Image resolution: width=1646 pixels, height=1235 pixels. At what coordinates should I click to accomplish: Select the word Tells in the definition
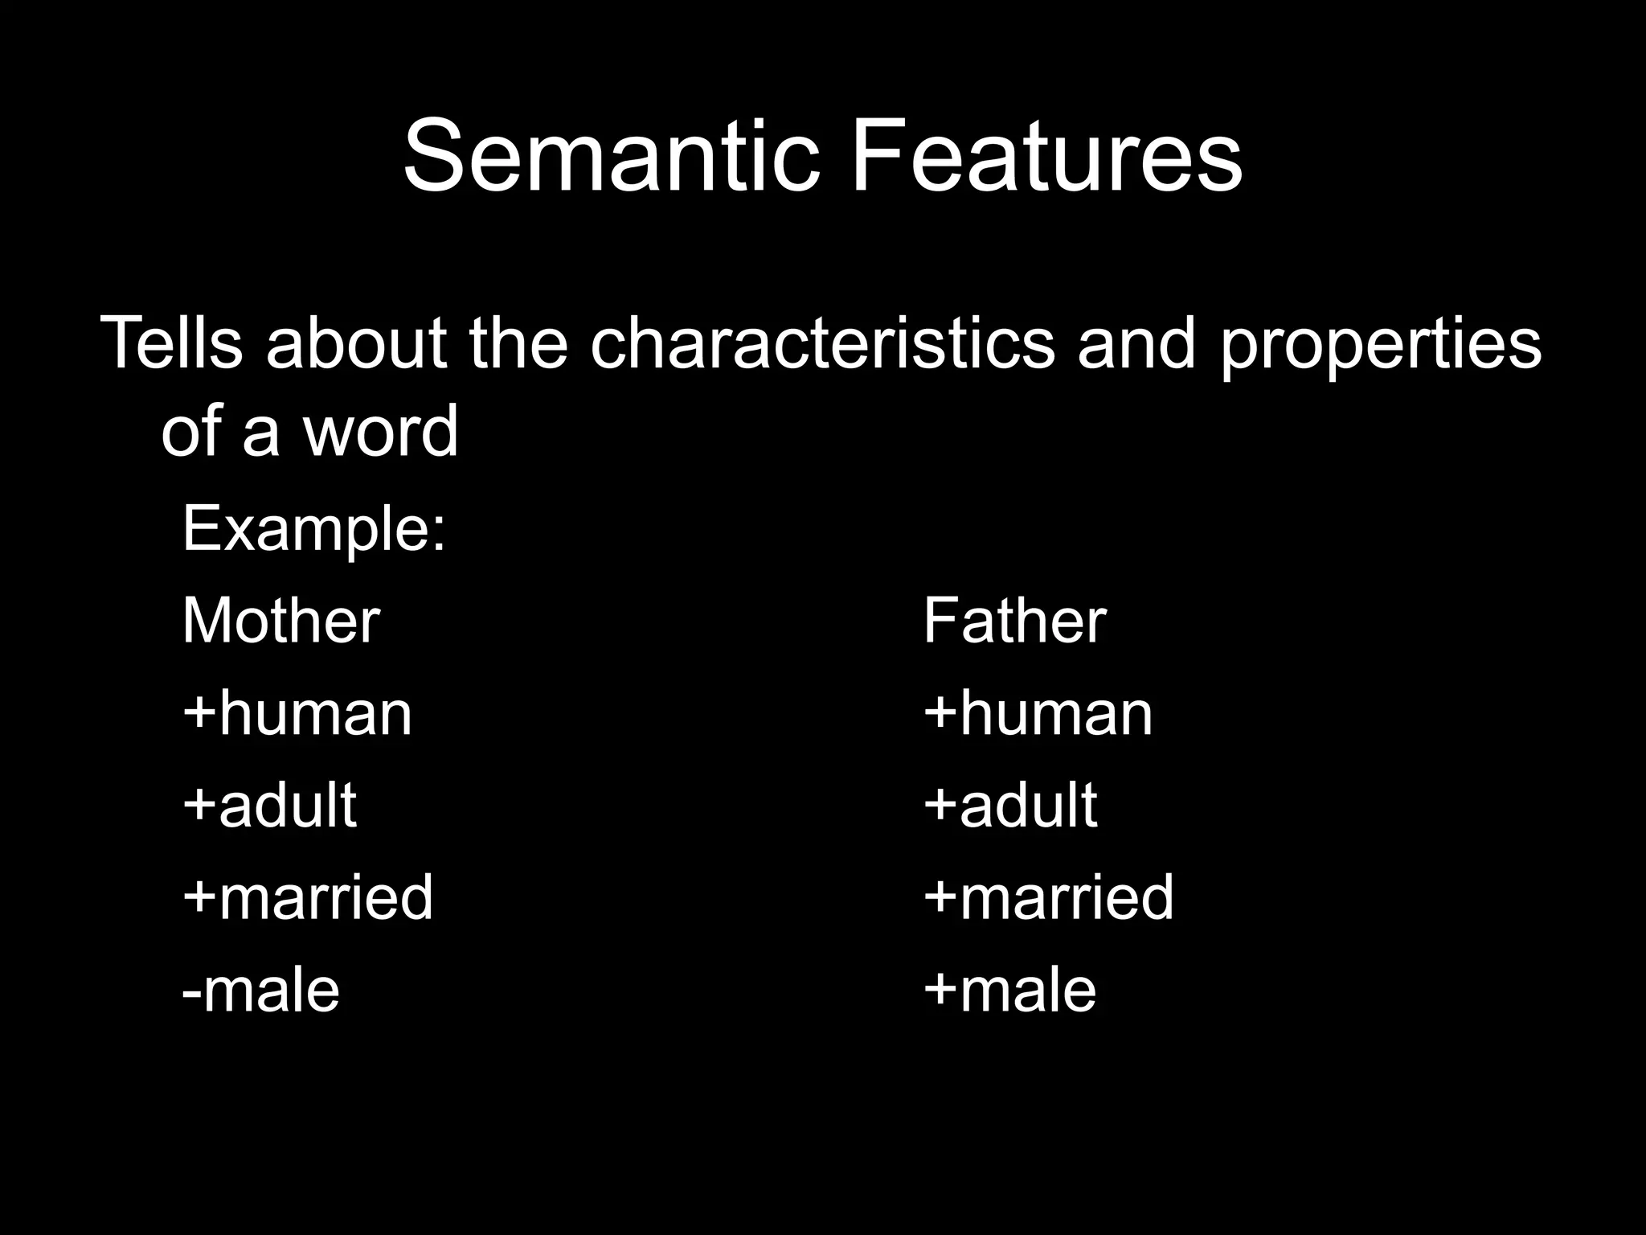pos(171,343)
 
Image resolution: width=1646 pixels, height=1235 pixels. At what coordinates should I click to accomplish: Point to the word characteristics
pos(821,343)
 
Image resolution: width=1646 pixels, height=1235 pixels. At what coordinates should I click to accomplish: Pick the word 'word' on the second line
pos(379,431)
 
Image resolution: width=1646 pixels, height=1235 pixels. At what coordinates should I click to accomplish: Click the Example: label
pos(313,531)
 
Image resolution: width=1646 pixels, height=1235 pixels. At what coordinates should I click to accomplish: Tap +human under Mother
pos(297,713)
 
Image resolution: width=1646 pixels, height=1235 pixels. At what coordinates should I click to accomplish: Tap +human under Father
pos(1038,713)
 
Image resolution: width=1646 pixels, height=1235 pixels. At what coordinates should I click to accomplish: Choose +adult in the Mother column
pos(269,805)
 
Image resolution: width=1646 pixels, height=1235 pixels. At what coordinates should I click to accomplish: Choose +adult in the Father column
pos(1010,805)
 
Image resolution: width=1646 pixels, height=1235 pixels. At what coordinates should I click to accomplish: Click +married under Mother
pos(308,897)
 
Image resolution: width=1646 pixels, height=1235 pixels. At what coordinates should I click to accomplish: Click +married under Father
pos(1048,897)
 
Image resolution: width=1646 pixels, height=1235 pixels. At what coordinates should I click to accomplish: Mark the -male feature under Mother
pos(260,990)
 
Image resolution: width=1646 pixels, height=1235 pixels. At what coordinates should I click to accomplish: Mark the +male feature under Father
pos(1009,990)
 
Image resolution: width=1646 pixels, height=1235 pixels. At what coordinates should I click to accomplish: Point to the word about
pos(355,343)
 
